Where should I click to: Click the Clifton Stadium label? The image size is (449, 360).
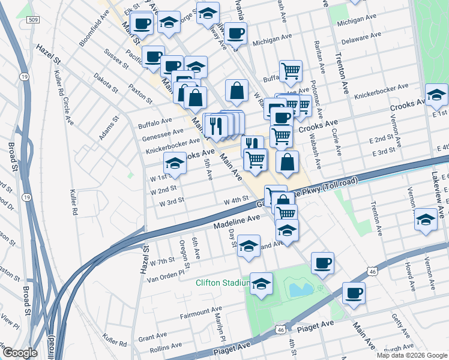coord(222,283)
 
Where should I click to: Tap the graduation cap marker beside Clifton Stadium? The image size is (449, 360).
coord(261,284)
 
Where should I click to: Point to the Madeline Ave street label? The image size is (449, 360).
coord(237,224)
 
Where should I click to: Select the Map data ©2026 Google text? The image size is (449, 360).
coord(412,355)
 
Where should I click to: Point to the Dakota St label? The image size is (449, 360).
coord(105,84)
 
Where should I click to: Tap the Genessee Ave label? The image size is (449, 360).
coord(161,132)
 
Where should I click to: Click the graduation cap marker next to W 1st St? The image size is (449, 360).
coord(175,163)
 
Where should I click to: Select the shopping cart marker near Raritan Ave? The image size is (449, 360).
coord(291,71)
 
